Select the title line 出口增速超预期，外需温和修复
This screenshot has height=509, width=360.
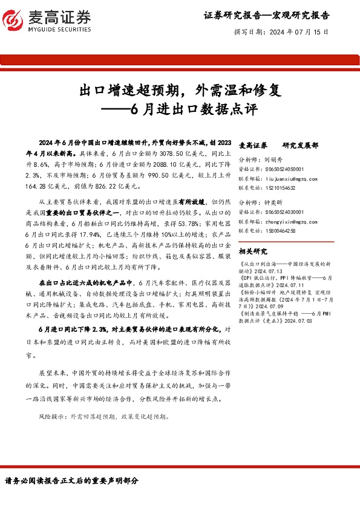click(x=180, y=91)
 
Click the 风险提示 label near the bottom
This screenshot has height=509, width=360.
click(x=51, y=417)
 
